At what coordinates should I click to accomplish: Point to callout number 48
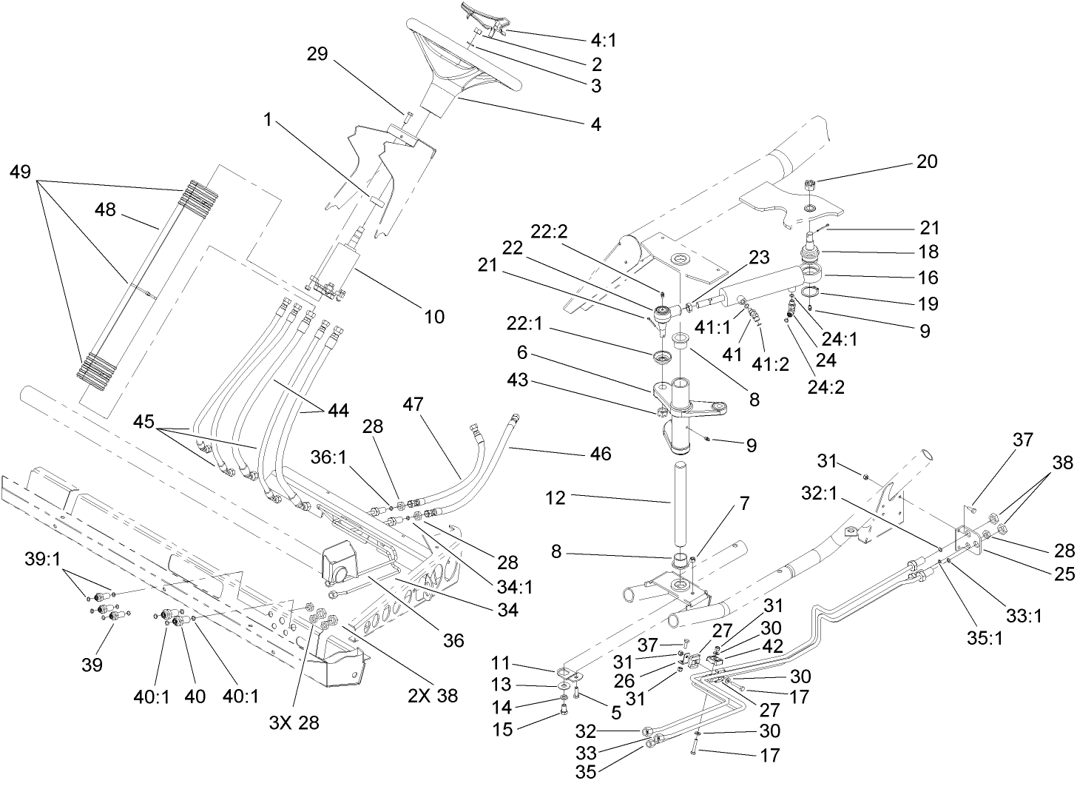pyautogui.click(x=106, y=209)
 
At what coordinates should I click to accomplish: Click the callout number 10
pyautogui.click(x=434, y=317)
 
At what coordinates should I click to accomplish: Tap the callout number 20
pyautogui.click(x=927, y=161)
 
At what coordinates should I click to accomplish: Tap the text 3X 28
pyautogui.click(x=294, y=722)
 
